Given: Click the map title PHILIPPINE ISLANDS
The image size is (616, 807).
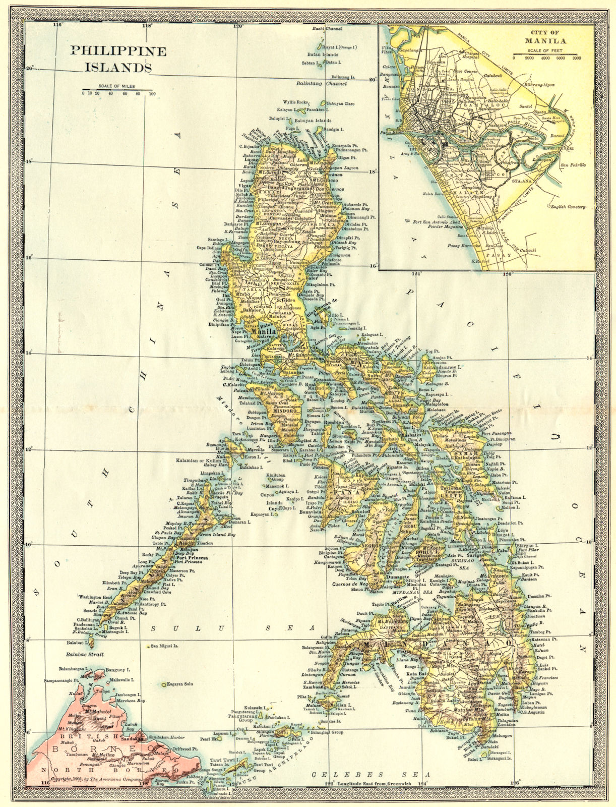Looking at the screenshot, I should [x=118, y=58].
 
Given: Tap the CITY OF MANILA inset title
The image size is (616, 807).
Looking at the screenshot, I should [x=546, y=37].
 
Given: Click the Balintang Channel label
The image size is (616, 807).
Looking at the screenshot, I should [x=322, y=84].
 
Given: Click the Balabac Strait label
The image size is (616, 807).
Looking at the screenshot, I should [x=84, y=654].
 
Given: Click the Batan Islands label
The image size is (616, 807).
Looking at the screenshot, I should [x=323, y=54].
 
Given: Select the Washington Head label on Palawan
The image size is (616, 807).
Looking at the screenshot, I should [x=96, y=597].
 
